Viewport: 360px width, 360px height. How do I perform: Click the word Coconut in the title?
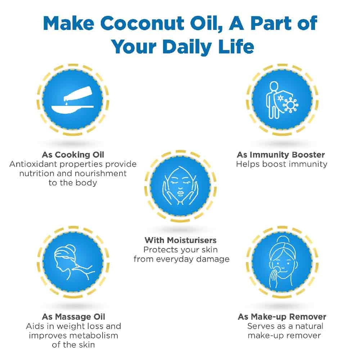pyautogui.click(x=142, y=23)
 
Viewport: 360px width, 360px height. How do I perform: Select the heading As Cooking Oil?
pyautogui.click(x=73, y=154)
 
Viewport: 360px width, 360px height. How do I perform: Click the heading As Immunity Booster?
pyautogui.click(x=281, y=154)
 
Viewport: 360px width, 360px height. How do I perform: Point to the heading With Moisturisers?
pyautogui.click(x=180, y=240)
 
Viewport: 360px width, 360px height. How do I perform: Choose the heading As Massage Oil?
pyautogui.click(x=73, y=316)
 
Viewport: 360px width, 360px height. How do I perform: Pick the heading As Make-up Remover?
pyautogui.click(x=282, y=316)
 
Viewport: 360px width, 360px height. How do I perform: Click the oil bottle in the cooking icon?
pyautogui.click(x=78, y=94)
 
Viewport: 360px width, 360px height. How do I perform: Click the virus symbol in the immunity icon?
pyautogui.click(x=291, y=105)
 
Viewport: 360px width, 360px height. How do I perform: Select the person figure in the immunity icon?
pyautogui.click(x=273, y=100)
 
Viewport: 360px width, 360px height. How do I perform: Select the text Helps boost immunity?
pyautogui.click(x=282, y=164)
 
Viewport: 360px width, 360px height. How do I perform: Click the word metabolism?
pyautogui.click(x=96, y=336)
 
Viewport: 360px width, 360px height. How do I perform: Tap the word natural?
pyautogui.click(x=309, y=326)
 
